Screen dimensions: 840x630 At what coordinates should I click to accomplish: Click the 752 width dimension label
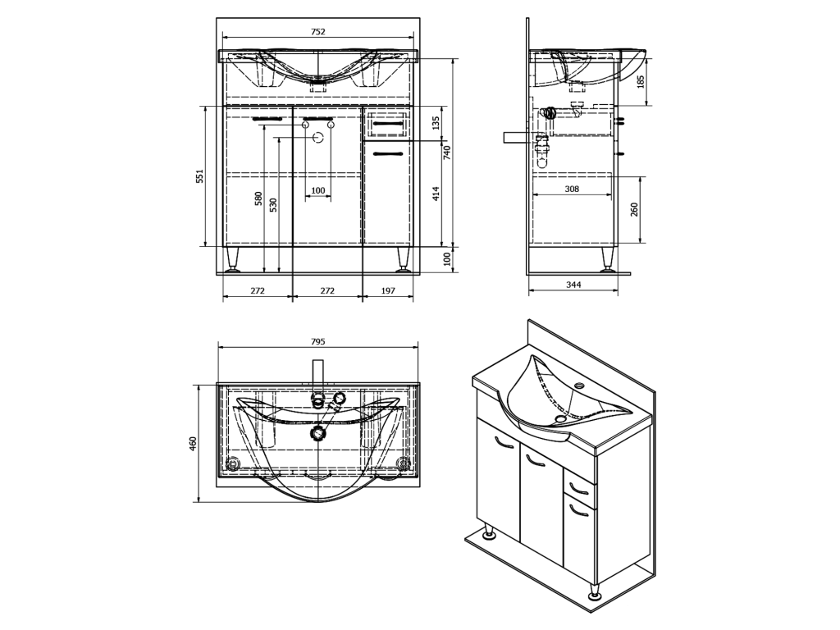[x=317, y=32]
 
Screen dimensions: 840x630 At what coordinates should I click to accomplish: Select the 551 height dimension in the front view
[x=199, y=176]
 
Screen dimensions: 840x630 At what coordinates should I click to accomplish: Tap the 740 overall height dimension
[x=447, y=153]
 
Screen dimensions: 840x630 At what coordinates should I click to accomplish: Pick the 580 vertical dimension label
[x=258, y=199]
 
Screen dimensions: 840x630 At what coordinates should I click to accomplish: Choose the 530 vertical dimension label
[x=273, y=205]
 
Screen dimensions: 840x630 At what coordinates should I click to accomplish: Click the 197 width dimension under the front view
[x=388, y=290]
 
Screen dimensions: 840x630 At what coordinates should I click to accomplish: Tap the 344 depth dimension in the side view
[x=573, y=285]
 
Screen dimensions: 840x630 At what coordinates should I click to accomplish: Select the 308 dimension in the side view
[x=572, y=189]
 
